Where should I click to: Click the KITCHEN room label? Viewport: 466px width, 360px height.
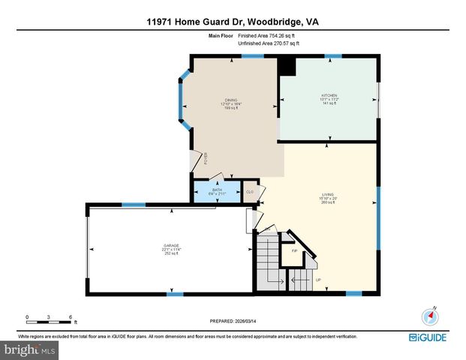(x=329, y=96)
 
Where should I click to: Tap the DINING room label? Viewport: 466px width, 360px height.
(x=231, y=100)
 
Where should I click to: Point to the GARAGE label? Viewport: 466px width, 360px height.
(x=172, y=244)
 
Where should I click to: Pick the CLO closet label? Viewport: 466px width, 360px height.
(x=250, y=191)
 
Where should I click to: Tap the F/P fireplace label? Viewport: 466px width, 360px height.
(x=294, y=250)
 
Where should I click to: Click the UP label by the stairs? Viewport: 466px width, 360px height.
(x=318, y=280)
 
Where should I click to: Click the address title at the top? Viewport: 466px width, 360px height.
(x=233, y=22)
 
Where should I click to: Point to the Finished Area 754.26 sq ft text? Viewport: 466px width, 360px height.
(x=268, y=36)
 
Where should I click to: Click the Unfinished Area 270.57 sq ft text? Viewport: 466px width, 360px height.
(x=268, y=43)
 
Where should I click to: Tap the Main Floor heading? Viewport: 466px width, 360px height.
(x=220, y=36)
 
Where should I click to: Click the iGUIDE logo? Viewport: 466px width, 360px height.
(x=428, y=337)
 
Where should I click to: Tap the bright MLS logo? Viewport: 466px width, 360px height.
(x=30, y=349)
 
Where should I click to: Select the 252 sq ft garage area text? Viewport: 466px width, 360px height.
(x=172, y=253)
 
